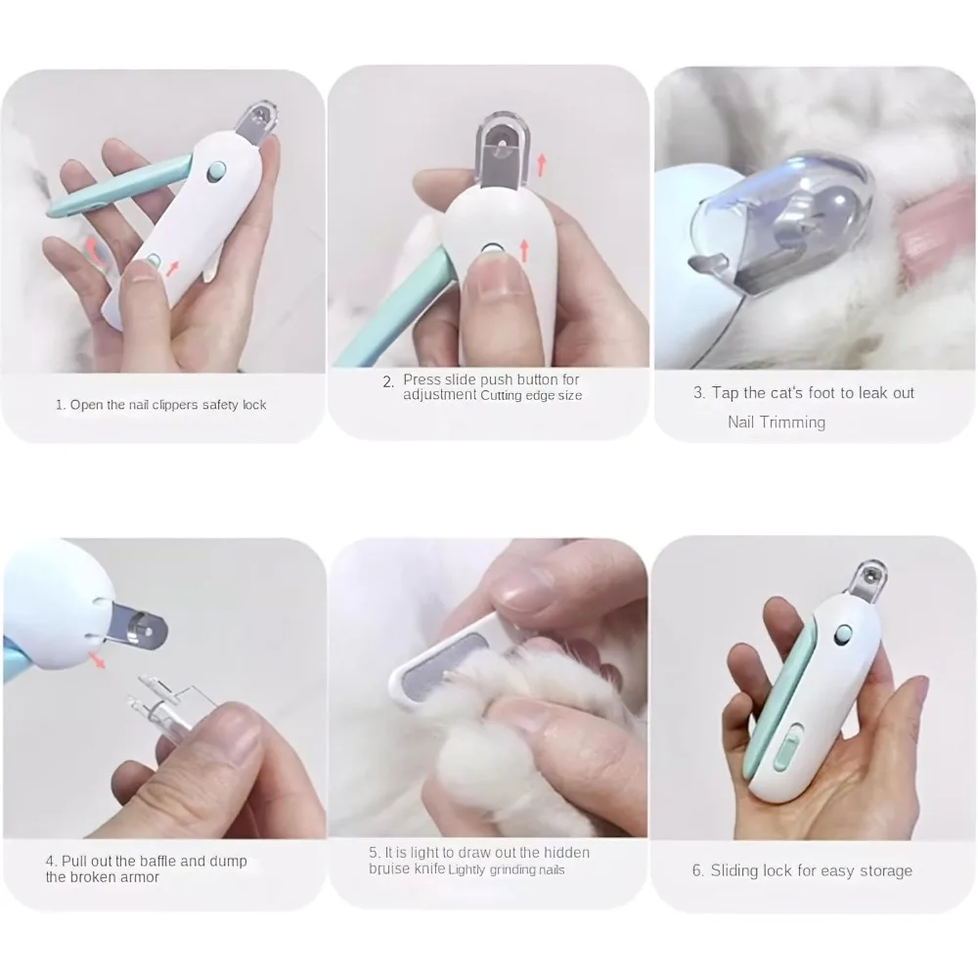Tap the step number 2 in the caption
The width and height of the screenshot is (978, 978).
pyautogui.click(x=388, y=381)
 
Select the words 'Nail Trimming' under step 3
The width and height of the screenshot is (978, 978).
pyautogui.click(x=777, y=422)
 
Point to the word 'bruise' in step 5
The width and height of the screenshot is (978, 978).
pyautogui.click(x=388, y=868)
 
